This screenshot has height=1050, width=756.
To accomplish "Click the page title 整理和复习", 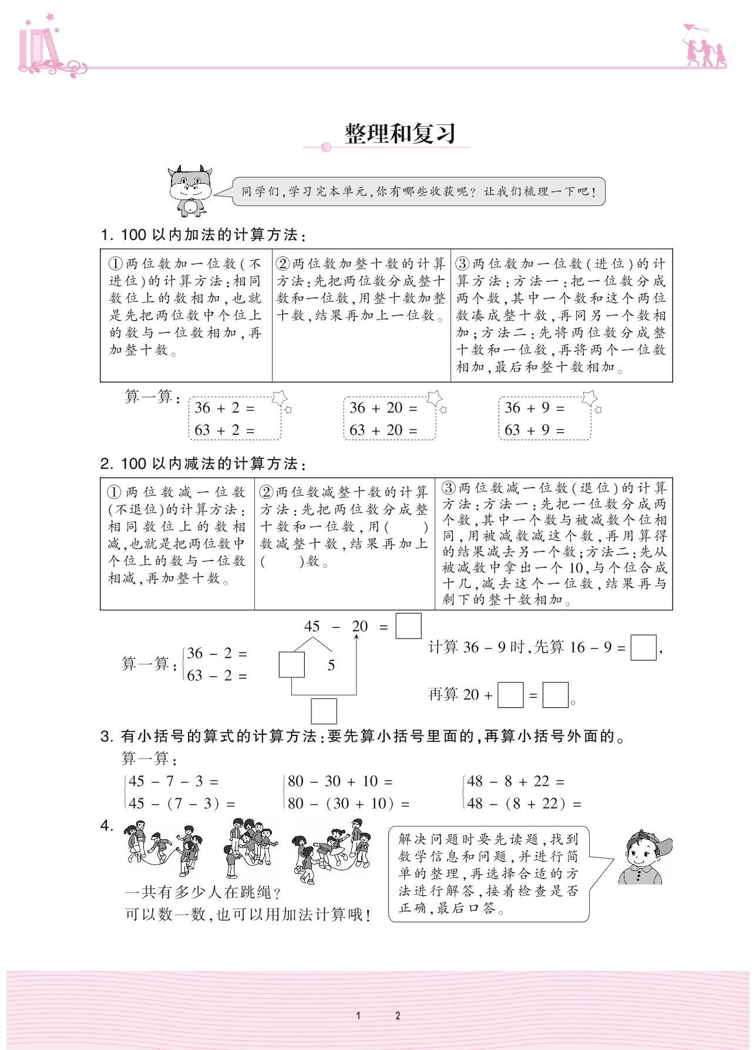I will click(x=400, y=134).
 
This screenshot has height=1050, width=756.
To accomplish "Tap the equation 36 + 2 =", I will click(x=224, y=408).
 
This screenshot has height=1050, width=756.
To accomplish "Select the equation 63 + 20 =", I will click(x=383, y=430).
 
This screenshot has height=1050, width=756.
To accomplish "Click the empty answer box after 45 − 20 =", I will click(x=408, y=626).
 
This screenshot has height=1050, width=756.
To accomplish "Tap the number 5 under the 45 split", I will click(x=331, y=665).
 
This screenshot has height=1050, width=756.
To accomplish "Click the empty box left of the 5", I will click(x=291, y=664).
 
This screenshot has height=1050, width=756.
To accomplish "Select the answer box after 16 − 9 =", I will click(x=643, y=647).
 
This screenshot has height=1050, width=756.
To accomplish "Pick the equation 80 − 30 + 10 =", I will click(x=340, y=781).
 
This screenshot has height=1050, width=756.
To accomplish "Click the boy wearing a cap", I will click(x=644, y=857).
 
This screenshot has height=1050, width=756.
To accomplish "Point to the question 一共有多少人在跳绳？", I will click(x=203, y=892).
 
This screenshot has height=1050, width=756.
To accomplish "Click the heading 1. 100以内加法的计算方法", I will click(x=203, y=235).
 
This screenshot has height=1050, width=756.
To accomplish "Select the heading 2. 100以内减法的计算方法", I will click(x=203, y=464).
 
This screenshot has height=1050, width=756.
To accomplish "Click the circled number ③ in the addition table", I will click(x=463, y=264).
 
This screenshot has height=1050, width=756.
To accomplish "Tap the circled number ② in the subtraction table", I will click(x=267, y=492).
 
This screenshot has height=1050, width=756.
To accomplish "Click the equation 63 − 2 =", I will click(x=216, y=676).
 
